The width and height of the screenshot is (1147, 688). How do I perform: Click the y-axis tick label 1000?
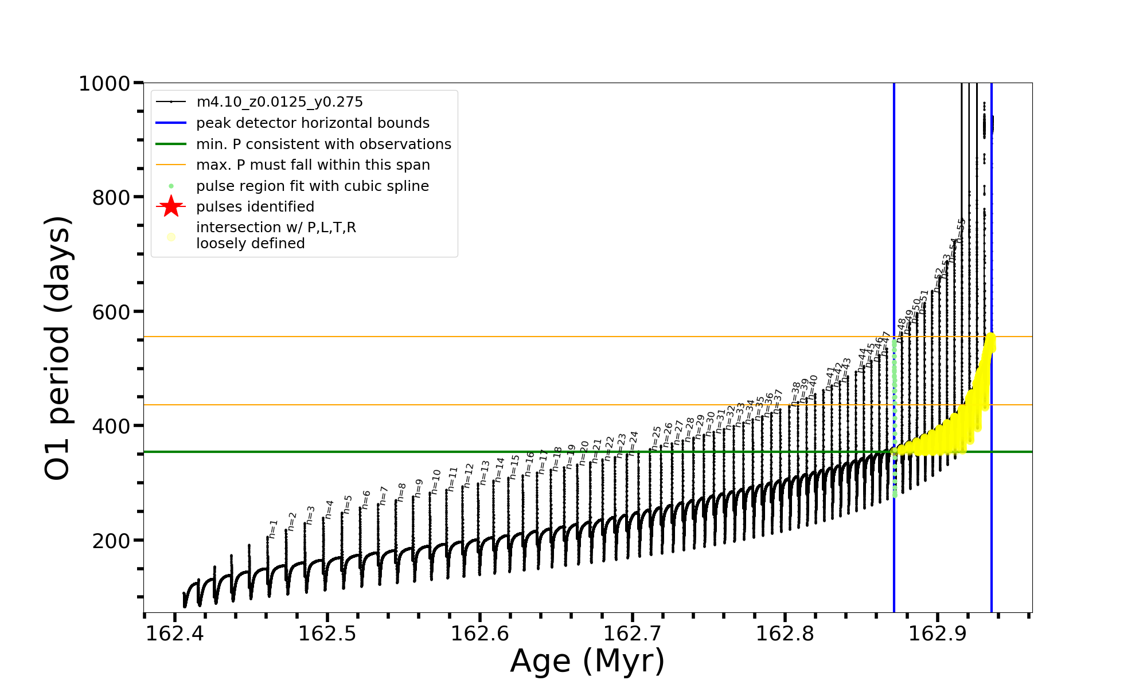[x=104, y=84]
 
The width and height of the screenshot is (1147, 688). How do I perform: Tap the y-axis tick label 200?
[x=111, y=541]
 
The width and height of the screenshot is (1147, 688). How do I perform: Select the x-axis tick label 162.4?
[x=175, y=634]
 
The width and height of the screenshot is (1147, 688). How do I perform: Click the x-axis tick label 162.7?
[x=633, y=634]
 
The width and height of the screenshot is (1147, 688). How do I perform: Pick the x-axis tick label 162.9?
[x=938, y=634]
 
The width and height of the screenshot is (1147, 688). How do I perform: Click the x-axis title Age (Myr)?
[x=587, y=661]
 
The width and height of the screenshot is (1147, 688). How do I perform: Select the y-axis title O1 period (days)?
[x=57, y=348]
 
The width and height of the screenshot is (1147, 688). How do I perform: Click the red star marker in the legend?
[x=171, y=206]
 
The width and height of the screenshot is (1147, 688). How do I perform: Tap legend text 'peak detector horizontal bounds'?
[x=313, y=123]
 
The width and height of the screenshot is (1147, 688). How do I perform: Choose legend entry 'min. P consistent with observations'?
[x=323, y=144]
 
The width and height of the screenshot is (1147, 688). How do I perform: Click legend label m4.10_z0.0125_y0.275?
[x=279, y=102]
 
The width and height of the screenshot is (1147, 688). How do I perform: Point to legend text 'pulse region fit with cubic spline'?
[x=312, y=186]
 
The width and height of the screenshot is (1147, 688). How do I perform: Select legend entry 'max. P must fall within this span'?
[x=313, y=165]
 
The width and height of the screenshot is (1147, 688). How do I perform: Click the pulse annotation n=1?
[x=273, y=529]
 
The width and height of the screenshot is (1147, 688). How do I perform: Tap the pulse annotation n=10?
[x=436, y=481]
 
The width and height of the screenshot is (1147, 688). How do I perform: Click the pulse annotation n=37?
[x=778, y=400]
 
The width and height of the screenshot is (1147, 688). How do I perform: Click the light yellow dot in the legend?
[x=171, y=236]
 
